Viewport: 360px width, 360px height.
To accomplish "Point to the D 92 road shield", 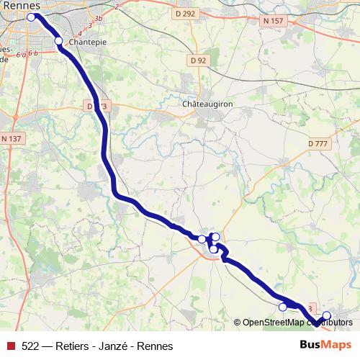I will pos(197,60).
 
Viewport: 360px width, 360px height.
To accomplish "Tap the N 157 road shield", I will pos(273,21).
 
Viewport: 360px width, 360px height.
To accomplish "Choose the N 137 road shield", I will pos(12,138).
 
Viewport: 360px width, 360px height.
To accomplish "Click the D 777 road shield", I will pos(318,144).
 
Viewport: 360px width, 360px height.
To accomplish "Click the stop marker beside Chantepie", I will pos(59,41).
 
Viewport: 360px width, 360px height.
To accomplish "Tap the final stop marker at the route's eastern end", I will pos(326,315).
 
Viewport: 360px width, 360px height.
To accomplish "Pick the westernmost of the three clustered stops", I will pos(202,239).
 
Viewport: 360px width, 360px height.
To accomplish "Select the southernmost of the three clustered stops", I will pos(213,248).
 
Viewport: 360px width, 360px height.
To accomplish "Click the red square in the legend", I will pos(11,346).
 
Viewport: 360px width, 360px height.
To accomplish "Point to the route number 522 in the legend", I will pos(30,346).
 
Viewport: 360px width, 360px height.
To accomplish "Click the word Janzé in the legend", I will pos(107,346).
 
